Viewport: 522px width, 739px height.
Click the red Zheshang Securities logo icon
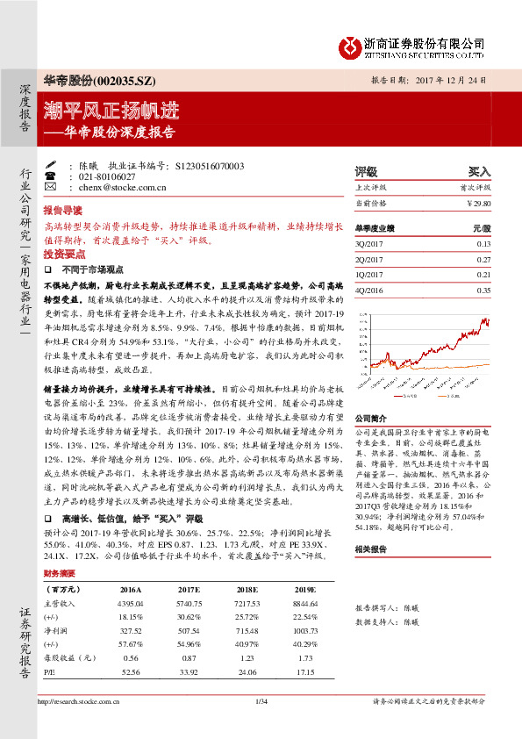pos(348,46)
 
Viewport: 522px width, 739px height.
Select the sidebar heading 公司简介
pos(369,419)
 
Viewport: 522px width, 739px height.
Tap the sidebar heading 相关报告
pos(369,549)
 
